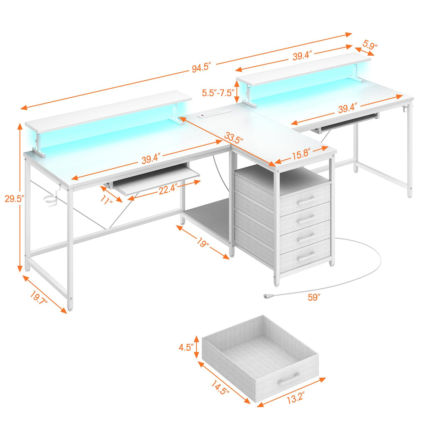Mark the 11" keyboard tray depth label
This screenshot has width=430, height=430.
(x=106, y=200)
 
